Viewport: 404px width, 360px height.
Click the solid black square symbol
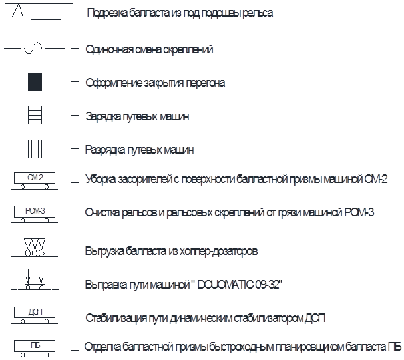pos(35,82)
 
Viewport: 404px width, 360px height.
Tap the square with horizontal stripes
pos(35,115)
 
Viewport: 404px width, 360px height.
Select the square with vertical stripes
pos(35,149)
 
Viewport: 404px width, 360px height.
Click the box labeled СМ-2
pos(35,178)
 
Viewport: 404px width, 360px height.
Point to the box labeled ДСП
pos(35,312)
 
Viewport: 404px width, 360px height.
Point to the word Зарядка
pos(101,116)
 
